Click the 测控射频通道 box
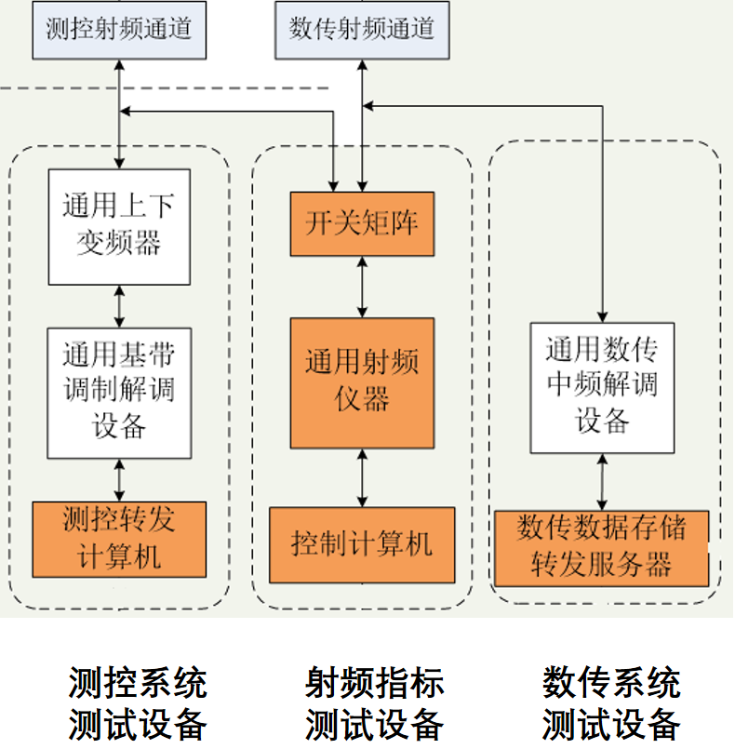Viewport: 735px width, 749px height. point(118,30)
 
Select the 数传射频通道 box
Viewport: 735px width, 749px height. point(362,30)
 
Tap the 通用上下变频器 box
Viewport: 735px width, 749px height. point(119,226)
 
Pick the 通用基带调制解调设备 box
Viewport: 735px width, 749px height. point(119,392)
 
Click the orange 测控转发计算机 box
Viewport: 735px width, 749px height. point(119,539)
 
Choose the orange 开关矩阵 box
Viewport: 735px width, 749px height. point(362,223)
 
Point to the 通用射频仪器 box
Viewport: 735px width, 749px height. point(362,382)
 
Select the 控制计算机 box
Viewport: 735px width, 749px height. point(362,544)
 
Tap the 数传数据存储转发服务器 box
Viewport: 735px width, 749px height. point(601,548)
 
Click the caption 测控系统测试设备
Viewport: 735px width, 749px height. point(138,703)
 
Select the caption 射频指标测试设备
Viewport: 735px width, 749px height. point(375,703)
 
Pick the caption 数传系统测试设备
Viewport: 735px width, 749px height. point(611,703)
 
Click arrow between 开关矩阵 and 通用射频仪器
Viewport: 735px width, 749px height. point(362,287)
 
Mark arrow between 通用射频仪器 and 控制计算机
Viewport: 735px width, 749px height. point(362,477)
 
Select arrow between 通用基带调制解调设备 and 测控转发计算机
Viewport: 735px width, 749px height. point(119,480)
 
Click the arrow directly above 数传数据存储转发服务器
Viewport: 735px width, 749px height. point(603,481)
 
